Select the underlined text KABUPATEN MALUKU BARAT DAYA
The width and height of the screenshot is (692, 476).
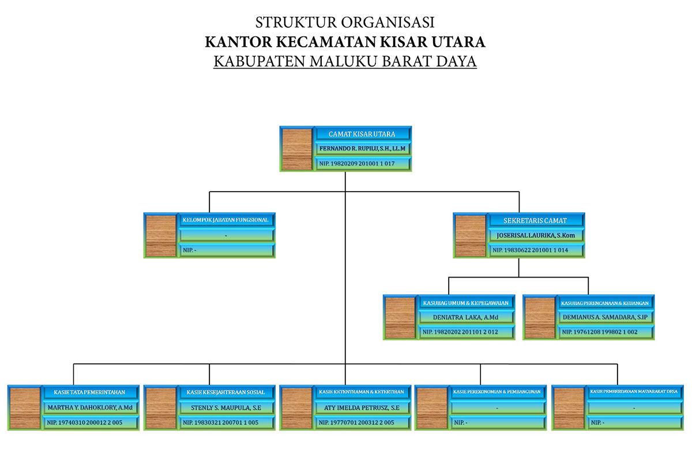(x=345, y=61)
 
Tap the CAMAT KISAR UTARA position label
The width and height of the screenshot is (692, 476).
(x=362, y=134)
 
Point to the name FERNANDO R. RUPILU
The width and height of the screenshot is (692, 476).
(x=362, y=149)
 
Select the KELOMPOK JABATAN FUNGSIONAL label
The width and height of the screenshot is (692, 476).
(x=225, y=220)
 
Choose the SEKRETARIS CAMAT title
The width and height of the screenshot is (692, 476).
(x=535, y=220)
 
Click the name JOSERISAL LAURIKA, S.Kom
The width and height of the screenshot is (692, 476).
(x=535, y=235)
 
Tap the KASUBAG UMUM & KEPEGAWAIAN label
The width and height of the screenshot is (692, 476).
(x=465, y=302)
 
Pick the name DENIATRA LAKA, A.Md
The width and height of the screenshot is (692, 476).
(x=465, y=317)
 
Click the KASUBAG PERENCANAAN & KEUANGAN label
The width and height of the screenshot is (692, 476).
(x=605, y=302)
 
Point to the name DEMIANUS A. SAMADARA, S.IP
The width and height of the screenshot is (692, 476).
(x=605, y=317)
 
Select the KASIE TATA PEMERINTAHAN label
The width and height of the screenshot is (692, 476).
(x=90, y=392)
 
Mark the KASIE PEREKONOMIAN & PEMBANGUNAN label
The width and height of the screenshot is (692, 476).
(x=497, y=392)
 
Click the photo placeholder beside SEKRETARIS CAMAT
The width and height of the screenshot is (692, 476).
(x=470, y=235)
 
